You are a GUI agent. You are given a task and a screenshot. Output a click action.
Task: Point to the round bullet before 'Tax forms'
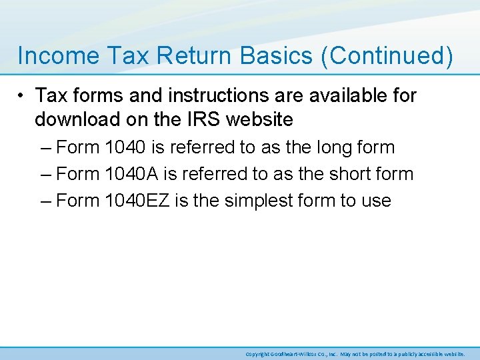pyautogui.click(x=23, y=96)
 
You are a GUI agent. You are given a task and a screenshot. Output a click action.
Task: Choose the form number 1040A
pyautogui.click(x=132, y=174)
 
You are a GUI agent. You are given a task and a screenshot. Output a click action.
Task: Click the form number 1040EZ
pyautogui.click(x=137, y=201)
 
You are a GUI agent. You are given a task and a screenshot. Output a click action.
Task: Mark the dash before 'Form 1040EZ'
pyautogui.click(x=45, y=201)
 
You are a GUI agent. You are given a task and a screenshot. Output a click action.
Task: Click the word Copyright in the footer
pyautogui.click(x=257, y=353)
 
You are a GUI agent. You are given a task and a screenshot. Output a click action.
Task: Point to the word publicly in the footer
pyautogui.click(x=411, y=353)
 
